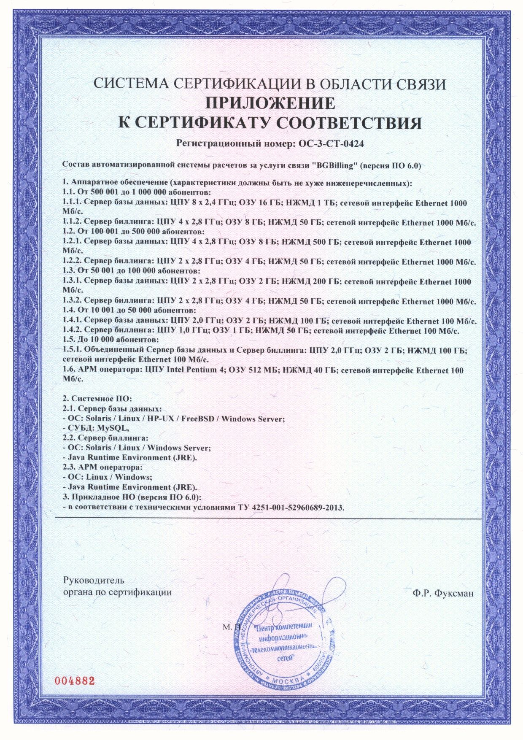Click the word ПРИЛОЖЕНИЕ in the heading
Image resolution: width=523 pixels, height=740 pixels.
click(x=270, y=103)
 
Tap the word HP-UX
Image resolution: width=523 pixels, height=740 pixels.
click(x=161, y=419)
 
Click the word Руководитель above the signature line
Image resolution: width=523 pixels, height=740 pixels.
click(x=94, y=581)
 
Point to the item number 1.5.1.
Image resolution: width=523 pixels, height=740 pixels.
click(x=72, y=350)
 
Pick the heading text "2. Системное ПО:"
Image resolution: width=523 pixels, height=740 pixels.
click(x=97, y=398)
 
